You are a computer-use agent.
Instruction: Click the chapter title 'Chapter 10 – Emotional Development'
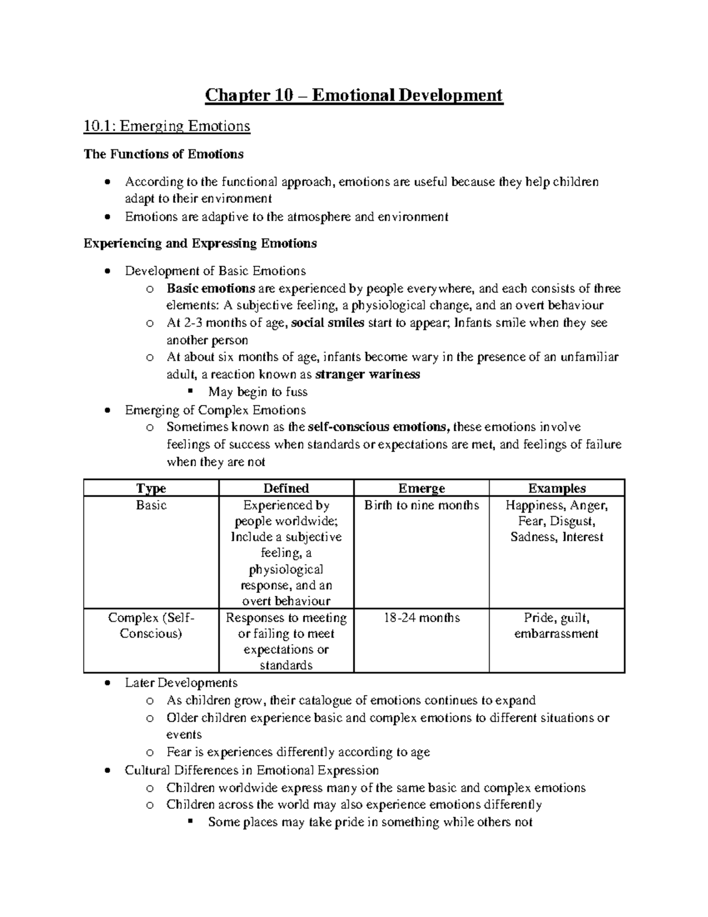(x=353, y=95)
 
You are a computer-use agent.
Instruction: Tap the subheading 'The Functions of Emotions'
(x=163, y=155)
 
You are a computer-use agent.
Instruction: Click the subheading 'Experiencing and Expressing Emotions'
(x=200, y=244)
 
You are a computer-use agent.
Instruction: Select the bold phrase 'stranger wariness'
(x=368, y=374)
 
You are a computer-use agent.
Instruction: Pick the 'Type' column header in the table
(x=151, y=488)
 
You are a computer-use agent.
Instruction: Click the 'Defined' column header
(x=286, y=488)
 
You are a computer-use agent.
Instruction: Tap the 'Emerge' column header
(x=421, y=488)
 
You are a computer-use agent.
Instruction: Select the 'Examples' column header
(x=556, y=488)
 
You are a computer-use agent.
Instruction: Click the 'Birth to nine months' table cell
(x=421, y=505)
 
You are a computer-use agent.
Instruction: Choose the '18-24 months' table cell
(x=421, y=618)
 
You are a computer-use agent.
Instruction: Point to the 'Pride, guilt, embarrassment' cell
(x=556, y=626)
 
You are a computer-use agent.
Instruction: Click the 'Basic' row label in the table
(x=151, y=505)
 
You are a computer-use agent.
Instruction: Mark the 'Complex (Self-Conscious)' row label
(x=151, y=626)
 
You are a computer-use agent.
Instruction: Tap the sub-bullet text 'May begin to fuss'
(x=257, y=392)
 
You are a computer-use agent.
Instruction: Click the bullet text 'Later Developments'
(x=181, y=683)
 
